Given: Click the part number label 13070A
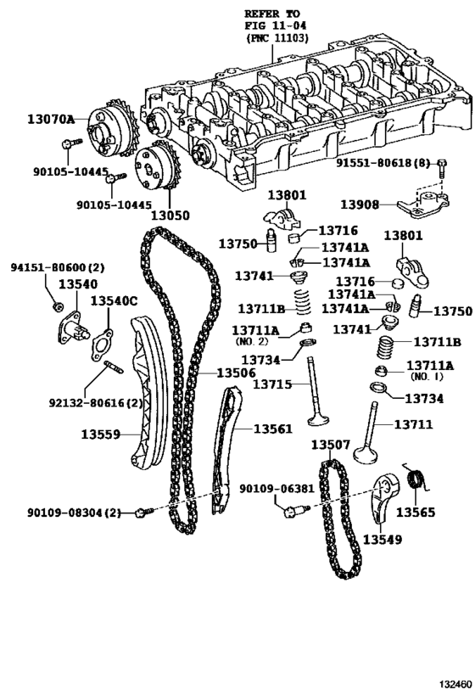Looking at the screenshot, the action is tap(51, 119).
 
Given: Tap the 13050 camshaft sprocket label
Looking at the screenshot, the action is tap(170, 216).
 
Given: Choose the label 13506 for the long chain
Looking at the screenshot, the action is tap(236, 373).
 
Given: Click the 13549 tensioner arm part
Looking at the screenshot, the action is tap(382, 497).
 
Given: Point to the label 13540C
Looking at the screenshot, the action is tap(115, 301).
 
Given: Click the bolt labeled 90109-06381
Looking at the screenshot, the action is tap(296, 511).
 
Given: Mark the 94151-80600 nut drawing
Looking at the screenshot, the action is tap(57, 306).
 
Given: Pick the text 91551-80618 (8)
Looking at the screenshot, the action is tap(383, 163).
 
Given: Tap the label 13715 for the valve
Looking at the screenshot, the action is tap(272, 384).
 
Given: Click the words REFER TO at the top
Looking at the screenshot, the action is tap(272, 14).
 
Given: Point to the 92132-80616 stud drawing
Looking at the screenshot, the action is tap(114, 367).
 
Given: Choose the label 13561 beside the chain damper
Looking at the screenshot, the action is tap(273, 429).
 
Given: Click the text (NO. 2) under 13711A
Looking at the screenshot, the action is tap(251, 341).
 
